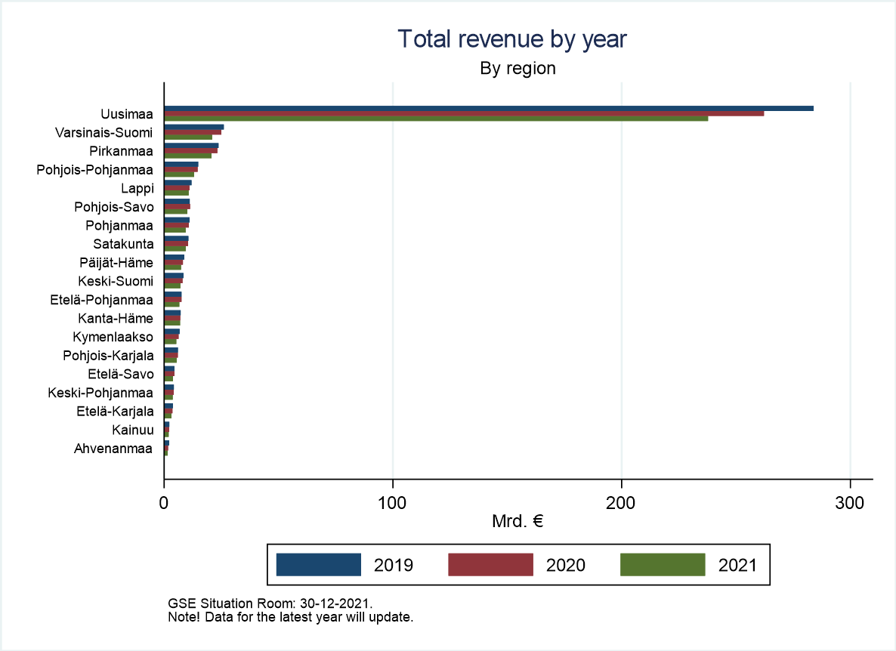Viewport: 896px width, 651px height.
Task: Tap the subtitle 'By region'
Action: (518, 69)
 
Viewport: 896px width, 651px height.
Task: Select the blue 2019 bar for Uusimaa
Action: (489, 109)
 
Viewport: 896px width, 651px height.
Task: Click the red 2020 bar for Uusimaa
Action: (464, 113)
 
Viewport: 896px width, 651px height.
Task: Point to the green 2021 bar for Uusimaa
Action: (436, 119)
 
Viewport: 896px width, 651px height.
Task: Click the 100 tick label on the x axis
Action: (393, 503)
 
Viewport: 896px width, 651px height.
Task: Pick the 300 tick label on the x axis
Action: (850, 503)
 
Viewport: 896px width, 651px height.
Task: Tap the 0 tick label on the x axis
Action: (164, 503)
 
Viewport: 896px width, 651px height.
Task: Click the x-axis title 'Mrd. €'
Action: (518, 521)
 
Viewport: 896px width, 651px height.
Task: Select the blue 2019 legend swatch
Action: (319, 565)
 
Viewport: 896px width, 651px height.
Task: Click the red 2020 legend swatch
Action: (491, 565)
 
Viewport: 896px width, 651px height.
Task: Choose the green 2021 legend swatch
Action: (663, 565)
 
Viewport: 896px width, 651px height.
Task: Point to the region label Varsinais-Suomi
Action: (104, 133)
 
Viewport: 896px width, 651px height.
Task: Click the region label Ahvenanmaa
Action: (113, 449)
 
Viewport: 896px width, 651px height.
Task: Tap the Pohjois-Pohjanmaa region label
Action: (95, 170)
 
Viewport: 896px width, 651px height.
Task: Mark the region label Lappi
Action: (137, 189)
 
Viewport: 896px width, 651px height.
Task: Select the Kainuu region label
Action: (132, 430)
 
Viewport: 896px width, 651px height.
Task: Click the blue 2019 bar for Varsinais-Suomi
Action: (194, 128)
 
